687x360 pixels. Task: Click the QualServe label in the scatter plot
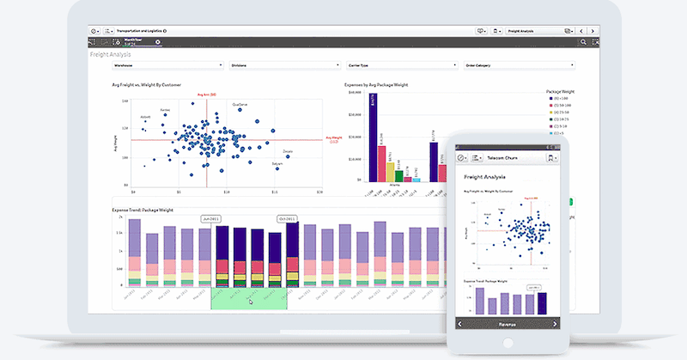241,105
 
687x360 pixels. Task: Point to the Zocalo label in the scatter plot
288,151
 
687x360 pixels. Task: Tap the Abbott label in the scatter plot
146,117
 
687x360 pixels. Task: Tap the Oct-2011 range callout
287,218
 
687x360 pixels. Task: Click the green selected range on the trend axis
248,297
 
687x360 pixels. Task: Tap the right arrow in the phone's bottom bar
555,323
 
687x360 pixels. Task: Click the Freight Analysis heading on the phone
486,177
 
